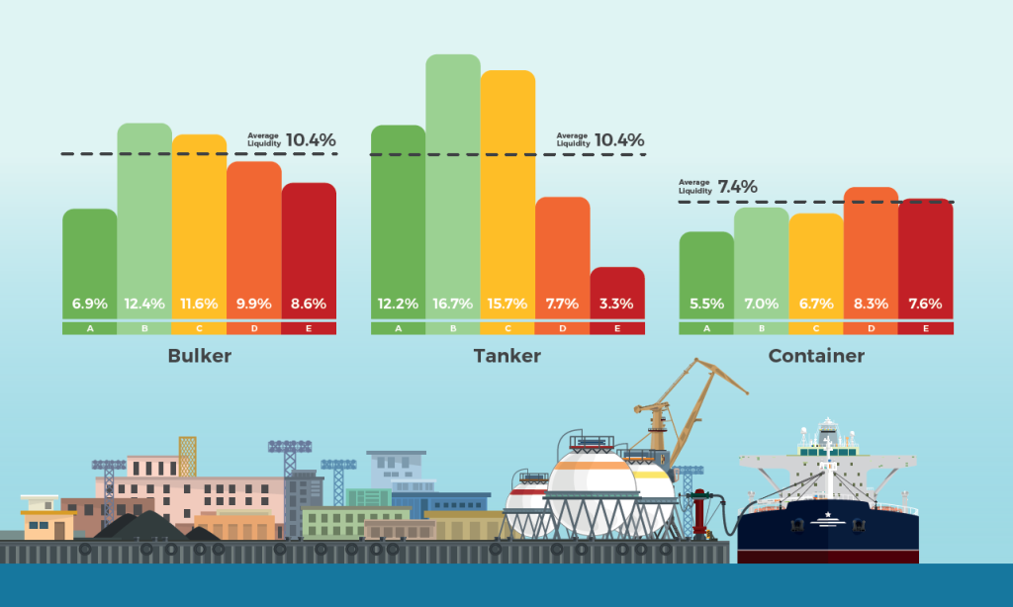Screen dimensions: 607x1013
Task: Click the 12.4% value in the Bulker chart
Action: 144,303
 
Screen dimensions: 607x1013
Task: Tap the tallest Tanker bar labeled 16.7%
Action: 453,178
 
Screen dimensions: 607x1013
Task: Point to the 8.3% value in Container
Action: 871,303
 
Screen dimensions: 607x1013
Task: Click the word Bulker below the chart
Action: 200,356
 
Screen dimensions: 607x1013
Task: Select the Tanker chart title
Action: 507,356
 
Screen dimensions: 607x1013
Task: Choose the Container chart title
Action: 816,356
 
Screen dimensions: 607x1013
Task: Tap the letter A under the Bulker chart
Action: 89,328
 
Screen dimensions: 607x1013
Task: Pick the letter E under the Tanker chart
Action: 617,328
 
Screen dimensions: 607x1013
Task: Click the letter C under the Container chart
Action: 816,328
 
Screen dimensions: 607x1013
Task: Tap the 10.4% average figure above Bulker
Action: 311,140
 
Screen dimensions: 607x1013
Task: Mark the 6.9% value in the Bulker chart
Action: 89,303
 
